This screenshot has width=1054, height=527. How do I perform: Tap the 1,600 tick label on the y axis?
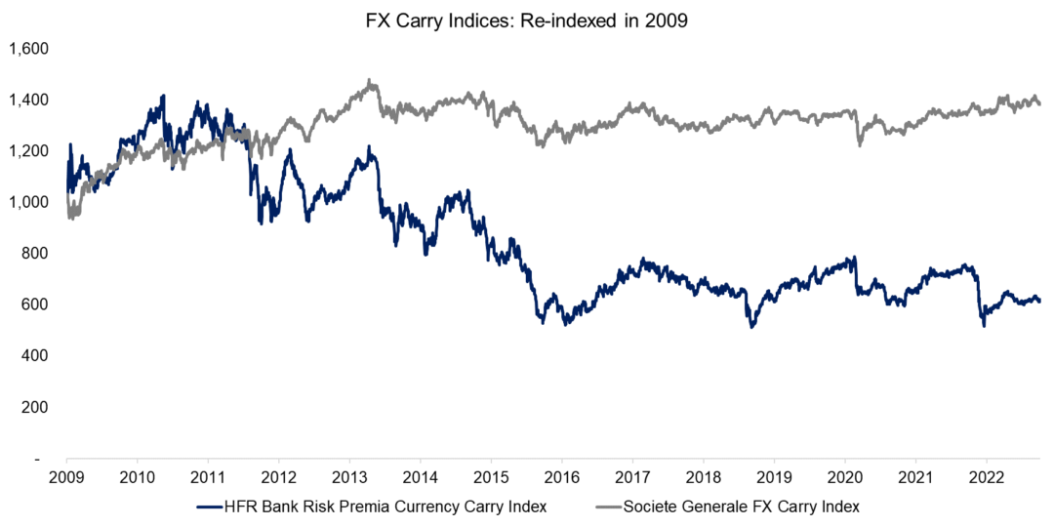pyautogui.click(x=29, y=48)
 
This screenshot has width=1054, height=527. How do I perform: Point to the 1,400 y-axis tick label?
pyautogui.click(x=29, y=100)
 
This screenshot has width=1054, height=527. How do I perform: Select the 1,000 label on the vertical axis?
pyautogui.click(x=29, y=202)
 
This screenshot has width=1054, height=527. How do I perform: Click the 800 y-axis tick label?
pyautogui.click(x=36, y=254)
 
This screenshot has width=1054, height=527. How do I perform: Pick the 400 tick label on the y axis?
pyautogui.click(x=36, y=356)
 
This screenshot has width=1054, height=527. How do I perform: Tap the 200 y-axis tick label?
pyautogui.click(x=36, y=407)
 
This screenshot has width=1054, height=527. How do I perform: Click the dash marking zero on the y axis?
pyautogui.click(x=36, y=459)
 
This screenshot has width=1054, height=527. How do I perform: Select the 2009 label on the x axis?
pyautogui.click(x=66, y=478)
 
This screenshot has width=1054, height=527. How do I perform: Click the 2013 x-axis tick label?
pyautogui.click(x=349, y=478)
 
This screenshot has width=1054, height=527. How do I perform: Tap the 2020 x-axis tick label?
pyautogui.click(x=844, y=478)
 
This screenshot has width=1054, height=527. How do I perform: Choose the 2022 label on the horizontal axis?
pyautogui.click(x=986, y=478)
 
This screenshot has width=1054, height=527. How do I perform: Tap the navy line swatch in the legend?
pyautogui.click(x=215, y=507)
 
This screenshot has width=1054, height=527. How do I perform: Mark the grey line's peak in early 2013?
pyautogui.click(x=370, y=81)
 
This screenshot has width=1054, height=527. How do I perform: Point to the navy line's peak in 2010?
pyautogui.click(x=163, y=96)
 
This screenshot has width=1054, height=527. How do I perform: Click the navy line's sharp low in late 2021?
pyautogui.click(x=983, y=324)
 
